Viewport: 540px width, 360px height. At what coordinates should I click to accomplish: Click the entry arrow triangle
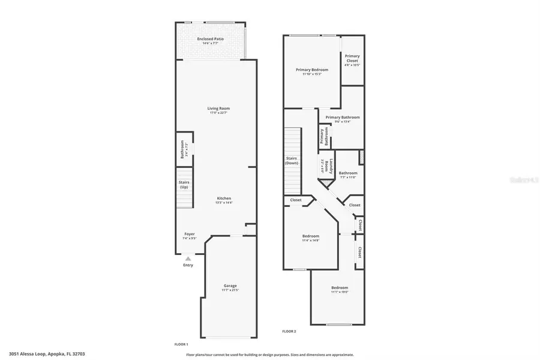point(188,258)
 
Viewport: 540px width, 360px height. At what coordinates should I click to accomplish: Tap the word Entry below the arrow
point(188,265)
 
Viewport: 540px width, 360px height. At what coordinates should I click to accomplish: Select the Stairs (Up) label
point(184,184)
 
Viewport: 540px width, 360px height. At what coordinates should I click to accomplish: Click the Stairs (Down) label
point(292,160)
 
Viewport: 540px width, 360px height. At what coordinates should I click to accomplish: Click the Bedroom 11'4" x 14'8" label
point(310,238)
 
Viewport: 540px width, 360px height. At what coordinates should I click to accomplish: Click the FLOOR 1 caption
point(181,344)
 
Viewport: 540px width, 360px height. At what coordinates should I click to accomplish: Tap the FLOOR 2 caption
point(289,331)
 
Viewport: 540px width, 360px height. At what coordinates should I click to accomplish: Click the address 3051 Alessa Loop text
point(47,354)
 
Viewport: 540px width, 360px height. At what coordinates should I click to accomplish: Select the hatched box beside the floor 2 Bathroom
point(361,157)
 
